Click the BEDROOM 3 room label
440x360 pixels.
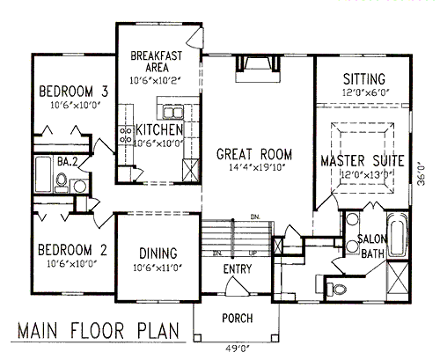point(74,92)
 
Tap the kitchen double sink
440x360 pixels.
point(172,113)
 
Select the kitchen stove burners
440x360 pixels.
point(126,135)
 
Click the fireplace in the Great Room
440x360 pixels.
point(258,69)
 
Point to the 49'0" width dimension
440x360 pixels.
point(238,349)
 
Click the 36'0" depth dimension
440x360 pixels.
point(422,175)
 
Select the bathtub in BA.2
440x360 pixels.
point(43,174)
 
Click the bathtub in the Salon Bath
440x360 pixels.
point(397,235)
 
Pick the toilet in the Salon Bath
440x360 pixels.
point(336,290)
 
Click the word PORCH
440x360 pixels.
point(238,319)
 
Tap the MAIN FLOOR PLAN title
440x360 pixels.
point(99,331)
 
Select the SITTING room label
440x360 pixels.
point(364,79)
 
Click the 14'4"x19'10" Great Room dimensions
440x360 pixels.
point(258,167)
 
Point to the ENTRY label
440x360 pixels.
point(238,269)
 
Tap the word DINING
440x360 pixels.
point(158,253)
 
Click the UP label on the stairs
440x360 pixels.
point(253,253)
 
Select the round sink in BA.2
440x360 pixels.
point(79,186)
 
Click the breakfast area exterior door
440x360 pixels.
point(194,38)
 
